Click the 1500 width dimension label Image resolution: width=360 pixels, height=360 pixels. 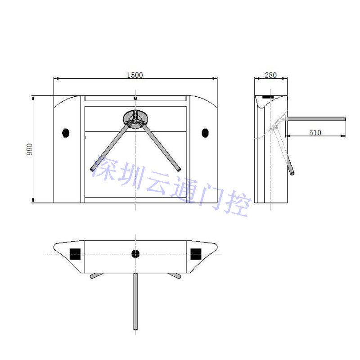tap(135, 75)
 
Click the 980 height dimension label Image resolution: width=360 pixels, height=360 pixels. tap(30, 149)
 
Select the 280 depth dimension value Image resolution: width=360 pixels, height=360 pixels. tap(271, 75)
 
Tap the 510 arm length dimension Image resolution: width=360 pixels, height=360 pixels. tap(315, 132)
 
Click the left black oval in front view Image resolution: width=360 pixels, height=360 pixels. tap(66, 133)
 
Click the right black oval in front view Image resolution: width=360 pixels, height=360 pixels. tap(205, 133)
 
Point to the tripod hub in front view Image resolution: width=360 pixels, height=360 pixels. tap(135, 119)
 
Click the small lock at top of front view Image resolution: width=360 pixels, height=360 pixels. tap(135, 98)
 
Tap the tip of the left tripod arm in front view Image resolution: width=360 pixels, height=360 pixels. tap(92, 170)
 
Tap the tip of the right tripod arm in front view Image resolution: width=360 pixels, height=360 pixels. tap(179, 170)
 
